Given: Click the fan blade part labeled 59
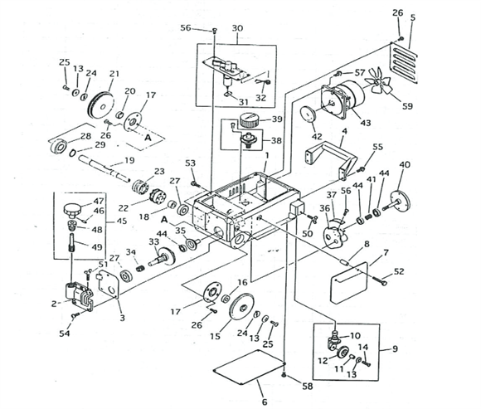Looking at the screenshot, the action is tap(378, 81).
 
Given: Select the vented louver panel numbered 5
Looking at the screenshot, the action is tap(403, 63).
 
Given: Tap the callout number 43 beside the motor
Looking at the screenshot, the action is tap(366, 123).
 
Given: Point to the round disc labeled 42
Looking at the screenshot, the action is tap(308, 114).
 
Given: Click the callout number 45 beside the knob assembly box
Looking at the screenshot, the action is tap(122, 221).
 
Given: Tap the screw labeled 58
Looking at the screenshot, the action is tap(284, 374).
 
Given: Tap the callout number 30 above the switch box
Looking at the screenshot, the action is tap(237, 28).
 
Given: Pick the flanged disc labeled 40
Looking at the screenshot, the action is tap(398, 202).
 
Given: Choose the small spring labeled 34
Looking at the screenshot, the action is tap(140, 270).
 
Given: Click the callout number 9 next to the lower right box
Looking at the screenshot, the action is tap(395, 349).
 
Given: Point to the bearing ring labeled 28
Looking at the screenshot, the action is tap(59, 147).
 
